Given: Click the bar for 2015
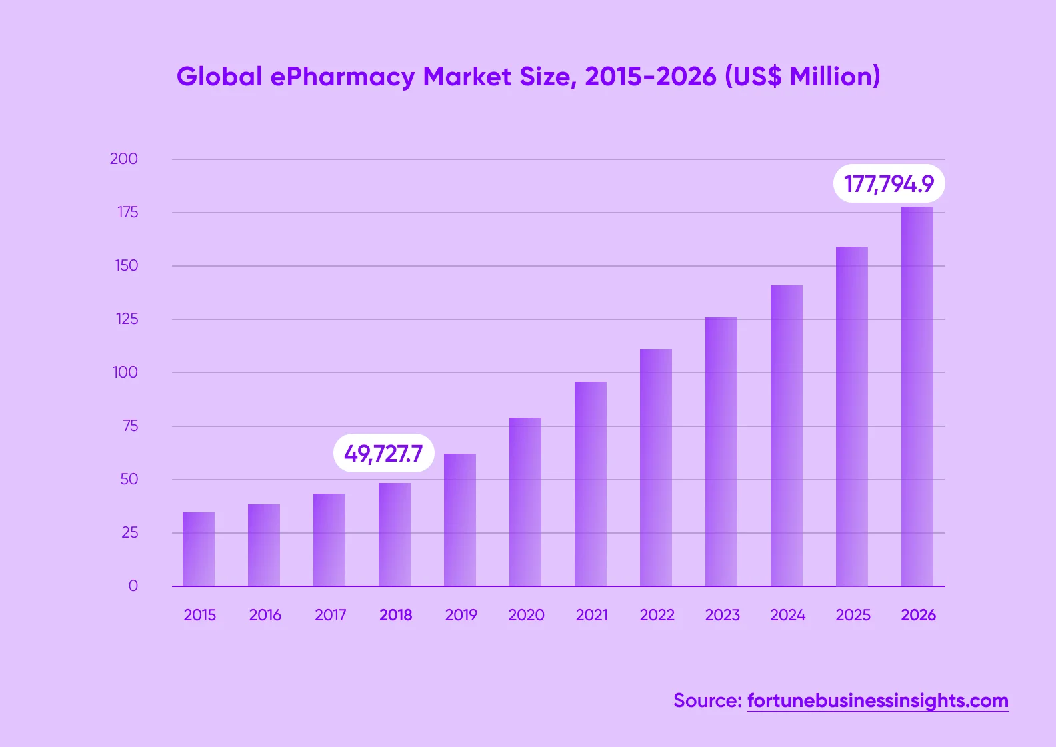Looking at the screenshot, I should [199, 549].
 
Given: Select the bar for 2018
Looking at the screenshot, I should [395, 534].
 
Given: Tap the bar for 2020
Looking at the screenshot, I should [525, 502].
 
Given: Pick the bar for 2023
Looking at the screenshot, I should [721, 452].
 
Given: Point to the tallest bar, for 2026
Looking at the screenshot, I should [917, 396].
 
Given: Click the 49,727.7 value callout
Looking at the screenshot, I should [383, 454].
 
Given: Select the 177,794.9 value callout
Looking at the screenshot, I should [889, 183].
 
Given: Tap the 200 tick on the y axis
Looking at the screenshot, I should [124, 159].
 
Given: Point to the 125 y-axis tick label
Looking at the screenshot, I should [127, 319].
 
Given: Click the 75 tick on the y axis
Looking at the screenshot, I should [130, 426].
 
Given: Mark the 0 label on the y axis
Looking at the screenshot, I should [133, 586].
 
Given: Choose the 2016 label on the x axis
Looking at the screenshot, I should [265, 615].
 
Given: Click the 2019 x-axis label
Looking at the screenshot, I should [461, 615].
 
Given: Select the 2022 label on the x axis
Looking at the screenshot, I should [657, 615].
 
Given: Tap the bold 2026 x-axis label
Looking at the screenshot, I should [918, 615].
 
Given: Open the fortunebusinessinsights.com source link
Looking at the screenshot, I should [877, 700].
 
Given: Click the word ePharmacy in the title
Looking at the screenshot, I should [343, 77].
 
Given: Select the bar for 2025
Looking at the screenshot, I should [852, 416].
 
